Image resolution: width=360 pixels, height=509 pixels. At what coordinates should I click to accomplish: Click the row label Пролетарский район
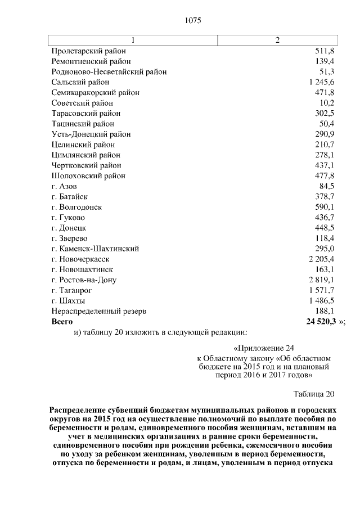click(88, 51)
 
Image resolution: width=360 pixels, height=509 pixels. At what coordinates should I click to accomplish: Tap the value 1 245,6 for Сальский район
click(321, 82)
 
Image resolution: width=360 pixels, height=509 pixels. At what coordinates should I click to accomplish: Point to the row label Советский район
click(82, 103)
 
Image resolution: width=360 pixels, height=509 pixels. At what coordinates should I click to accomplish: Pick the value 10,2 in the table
click(326, 103)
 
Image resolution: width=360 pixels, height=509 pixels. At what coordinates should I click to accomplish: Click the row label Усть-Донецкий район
click(91, 134)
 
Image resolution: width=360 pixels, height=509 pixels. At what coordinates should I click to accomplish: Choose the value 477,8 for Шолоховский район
click(325, 176)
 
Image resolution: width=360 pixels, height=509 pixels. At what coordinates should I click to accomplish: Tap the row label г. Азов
click(64, 186)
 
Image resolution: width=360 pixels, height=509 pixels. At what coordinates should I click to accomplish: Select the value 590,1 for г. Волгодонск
click(325, 207)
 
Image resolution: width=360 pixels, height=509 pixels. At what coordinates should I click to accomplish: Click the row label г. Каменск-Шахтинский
click(94, 249)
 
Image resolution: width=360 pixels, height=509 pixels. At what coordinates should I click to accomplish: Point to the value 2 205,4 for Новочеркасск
click(321, 259)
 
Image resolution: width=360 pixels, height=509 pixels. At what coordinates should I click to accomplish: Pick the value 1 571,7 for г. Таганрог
click(321, 290)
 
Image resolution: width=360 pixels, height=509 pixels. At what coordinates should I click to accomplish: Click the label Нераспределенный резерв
click(98, 311)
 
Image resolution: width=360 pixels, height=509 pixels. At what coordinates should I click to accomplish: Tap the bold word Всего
click(62, 322)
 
